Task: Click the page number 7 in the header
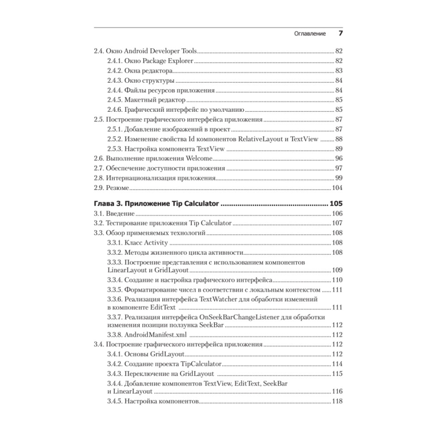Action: coord(340,34)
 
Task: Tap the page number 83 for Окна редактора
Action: coord(338,71)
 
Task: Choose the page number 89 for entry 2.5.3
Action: coord(338,149)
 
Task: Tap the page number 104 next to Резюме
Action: coord(337,188)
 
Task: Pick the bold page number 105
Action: coord(336,204)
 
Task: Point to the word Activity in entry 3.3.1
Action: coord(156,243)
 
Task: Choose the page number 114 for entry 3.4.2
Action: coord(337,364)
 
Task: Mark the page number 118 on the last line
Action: coord(337,401)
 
